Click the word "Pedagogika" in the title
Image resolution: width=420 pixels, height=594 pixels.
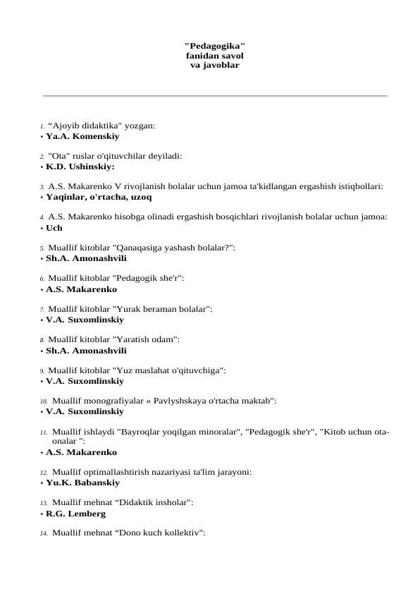click(215, 44)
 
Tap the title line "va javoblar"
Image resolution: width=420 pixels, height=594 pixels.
click(215, 65)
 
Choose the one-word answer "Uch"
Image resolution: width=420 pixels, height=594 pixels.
click(54, 228)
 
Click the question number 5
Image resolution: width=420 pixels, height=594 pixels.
click(42, 248)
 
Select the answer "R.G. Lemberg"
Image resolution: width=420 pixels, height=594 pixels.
click(75, 514)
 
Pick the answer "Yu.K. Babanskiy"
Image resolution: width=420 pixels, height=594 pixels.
click(82, 483)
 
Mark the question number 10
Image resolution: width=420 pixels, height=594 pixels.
click(43, 401)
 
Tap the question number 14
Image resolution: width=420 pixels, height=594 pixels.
click(43, 533)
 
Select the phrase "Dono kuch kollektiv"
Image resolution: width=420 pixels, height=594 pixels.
click(156, 533)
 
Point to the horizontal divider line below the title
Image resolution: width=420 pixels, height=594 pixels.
click(215, 95)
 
